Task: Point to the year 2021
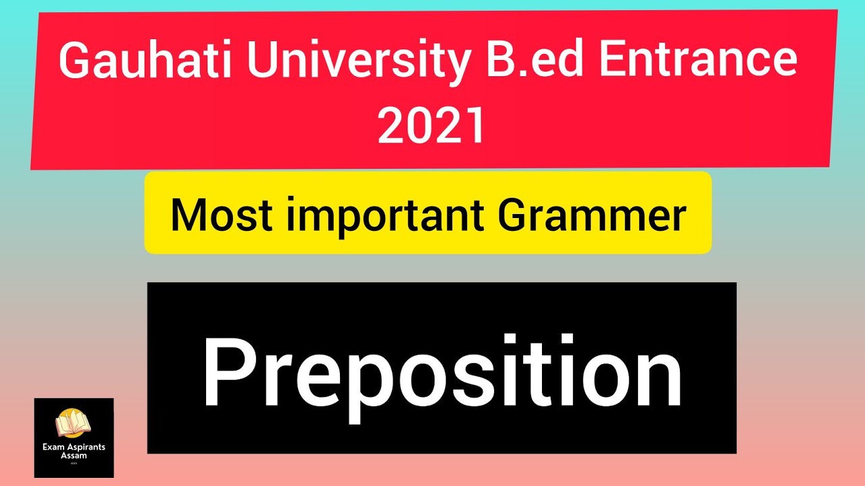pos(431,126)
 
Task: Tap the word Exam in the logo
pos(55,447)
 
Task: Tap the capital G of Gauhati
pos(76,61)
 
